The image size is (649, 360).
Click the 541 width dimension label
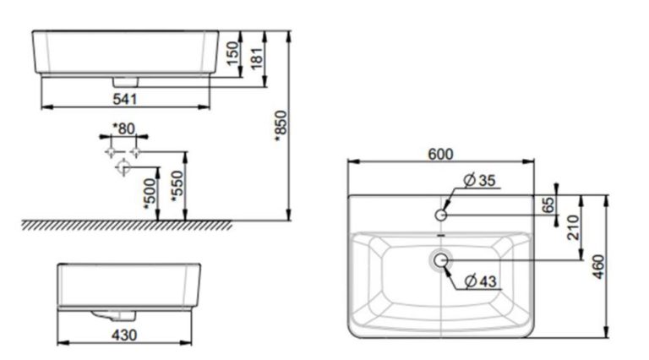click(x=124, y=100)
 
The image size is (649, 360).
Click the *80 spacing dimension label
click(x=123, y=128)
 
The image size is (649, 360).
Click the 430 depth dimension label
click(x=124, y=335)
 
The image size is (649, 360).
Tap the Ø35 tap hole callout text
click(x=482, y=179)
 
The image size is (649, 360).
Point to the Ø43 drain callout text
click(x=483, y=281)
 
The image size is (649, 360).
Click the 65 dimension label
click(x=547, y=205)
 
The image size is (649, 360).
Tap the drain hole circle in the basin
click(x=441, y=260)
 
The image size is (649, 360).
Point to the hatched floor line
click(x=127, y=225)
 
